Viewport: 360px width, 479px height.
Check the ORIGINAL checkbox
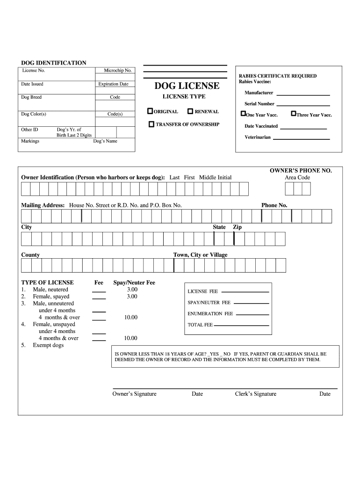click(150, 111)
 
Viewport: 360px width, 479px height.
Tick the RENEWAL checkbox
click(190, 111)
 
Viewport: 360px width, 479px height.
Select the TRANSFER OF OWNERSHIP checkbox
click(151, 124)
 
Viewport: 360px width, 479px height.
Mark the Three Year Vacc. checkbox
click(293, 114)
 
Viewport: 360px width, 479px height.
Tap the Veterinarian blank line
click(301, 139)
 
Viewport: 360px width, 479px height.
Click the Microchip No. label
click(118, 71)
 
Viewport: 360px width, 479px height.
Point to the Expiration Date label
click(113, 84)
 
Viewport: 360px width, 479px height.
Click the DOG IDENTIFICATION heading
click(54, 63)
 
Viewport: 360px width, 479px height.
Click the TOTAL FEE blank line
click(242, 325)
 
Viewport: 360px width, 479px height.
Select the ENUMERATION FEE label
click(210, 314)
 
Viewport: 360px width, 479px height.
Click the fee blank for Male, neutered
click(99, 291)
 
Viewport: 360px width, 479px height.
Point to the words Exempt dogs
click(48, 345)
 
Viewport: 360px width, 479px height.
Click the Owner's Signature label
click(135, 394)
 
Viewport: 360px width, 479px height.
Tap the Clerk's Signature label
click(255, 394)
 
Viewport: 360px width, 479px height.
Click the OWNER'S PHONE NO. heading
click(301, 171)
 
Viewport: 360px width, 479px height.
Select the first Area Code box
click(289, 189)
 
